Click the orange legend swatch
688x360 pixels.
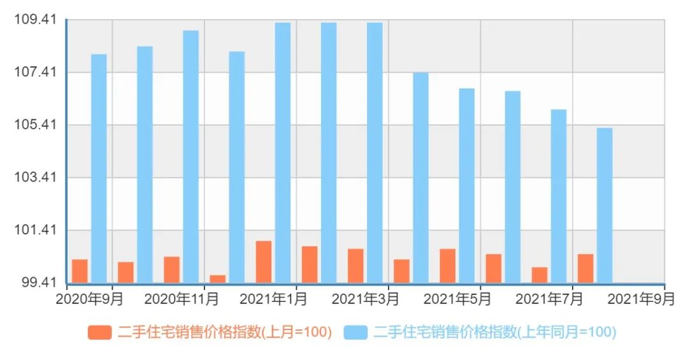pos(99,332)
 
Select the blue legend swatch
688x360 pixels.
pos(355,332)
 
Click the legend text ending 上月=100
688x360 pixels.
pos(225,332)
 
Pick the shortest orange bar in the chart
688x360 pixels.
pos(218,278)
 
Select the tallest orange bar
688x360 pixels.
pos(264,261)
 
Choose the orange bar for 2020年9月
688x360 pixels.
pos(80,271)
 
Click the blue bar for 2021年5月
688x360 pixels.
pos(467,185)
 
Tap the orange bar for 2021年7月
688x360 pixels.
pos(540,275)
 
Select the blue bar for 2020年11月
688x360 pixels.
pos(191,156)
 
